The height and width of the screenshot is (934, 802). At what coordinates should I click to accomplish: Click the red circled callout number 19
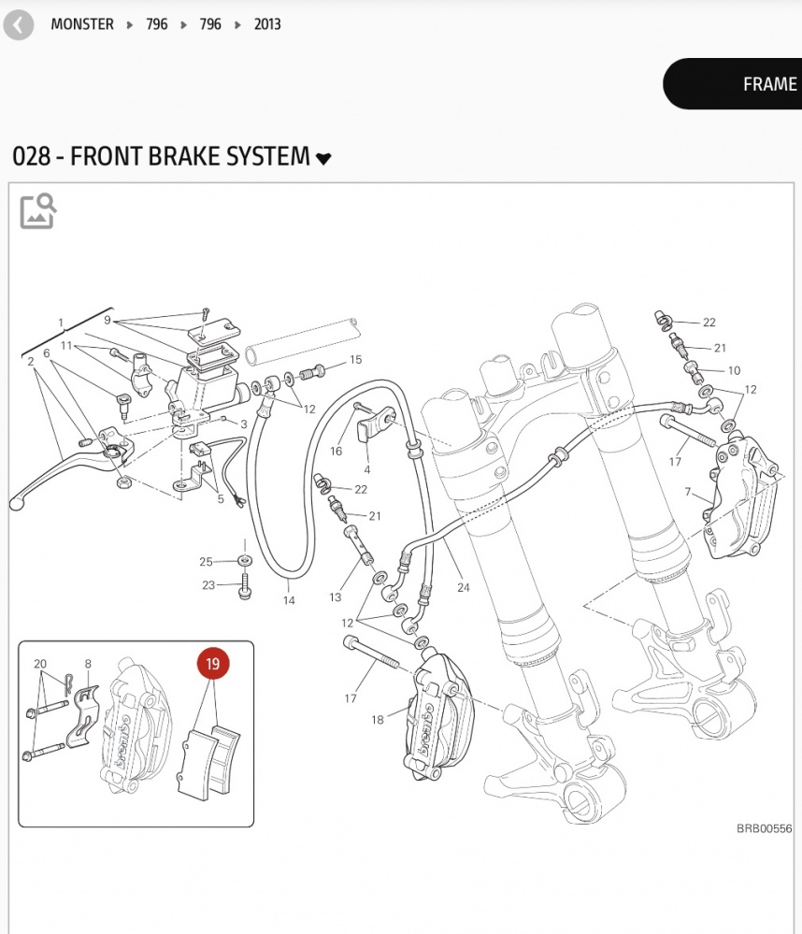(x=212, y=665)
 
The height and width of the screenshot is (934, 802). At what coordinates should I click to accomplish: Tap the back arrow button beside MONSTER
(x=18, y=24)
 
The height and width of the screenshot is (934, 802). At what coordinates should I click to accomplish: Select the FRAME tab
(x=768, y=84)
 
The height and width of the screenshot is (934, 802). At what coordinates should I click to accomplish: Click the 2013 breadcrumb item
(x=267, y=24)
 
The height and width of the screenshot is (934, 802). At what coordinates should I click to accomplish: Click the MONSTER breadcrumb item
(x=82, y=24)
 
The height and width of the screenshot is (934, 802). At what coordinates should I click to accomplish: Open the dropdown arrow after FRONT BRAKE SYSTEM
(x=323, y=159)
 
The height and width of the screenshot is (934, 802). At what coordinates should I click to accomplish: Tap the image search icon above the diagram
(x=38, y=211)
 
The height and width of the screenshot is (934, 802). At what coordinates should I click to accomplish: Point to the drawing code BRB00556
(x=764, y=828)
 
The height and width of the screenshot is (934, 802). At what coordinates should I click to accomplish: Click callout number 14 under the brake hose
(x=289, y=600)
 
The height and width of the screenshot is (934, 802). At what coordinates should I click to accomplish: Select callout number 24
(x=464, y=587)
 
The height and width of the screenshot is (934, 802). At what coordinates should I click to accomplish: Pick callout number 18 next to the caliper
(x=378, y=720)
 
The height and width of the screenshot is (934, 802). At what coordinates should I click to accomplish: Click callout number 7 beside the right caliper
(x=688, y=492)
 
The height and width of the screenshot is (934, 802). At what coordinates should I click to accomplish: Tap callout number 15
(x=355, y=360)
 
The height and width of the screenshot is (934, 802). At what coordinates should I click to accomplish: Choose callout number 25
(x=206, y=561)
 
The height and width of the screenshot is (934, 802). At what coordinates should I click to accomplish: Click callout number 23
(x=208, y=585)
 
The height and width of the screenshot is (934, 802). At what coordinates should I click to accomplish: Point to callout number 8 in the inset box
(x=88, y=664)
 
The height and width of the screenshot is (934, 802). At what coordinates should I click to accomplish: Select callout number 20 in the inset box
(x=40, y=664)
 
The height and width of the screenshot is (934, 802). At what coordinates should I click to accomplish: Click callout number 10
(x=733, y=371)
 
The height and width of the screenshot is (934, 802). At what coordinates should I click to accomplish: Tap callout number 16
(x=336, y=452)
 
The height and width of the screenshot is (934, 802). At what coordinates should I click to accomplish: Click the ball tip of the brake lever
(x=16, y=505)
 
